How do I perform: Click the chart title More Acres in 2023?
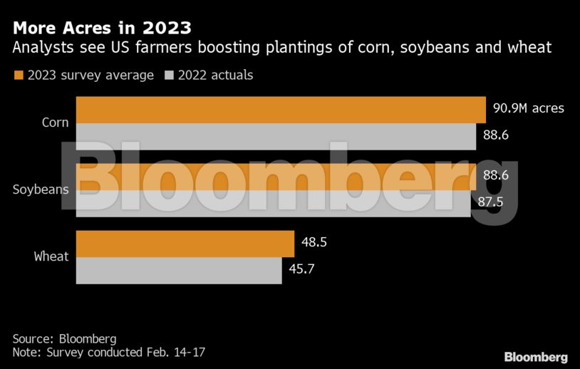[101, 28]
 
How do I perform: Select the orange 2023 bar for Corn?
[281, 110]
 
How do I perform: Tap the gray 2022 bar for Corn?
[276, 136]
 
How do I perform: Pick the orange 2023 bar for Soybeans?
[276, 177]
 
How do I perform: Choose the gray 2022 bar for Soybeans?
[273, 203]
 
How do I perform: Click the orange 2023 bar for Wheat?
[185, 244]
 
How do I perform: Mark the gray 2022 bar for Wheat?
[179, 271]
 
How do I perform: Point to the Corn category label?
[55, 123]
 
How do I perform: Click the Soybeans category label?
[41, 189]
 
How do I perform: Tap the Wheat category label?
[51, 256]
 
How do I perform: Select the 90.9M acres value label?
[529, 109]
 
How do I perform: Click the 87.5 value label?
[490, 202]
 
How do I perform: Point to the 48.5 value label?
[314, 243]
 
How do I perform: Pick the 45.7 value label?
[301, 270]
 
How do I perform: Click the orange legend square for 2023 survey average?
[19, 75]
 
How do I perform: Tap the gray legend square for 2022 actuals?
[170, 75]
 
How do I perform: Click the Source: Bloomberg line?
[64, 338]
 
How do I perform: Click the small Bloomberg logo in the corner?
[536, 356]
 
